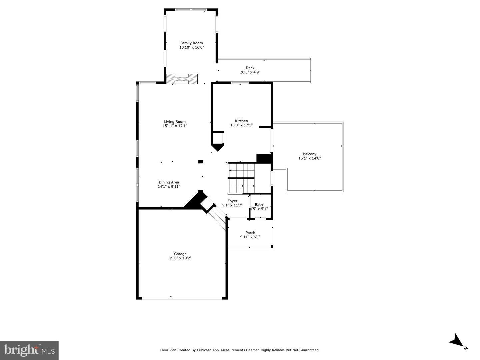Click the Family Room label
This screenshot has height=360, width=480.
point(191,43)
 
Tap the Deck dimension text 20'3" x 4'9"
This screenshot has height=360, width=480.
point(250,72)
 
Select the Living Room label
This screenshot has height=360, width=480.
point(175,122)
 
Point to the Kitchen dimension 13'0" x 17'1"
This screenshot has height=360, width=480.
point(241,125)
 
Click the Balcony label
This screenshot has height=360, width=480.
point(309,154)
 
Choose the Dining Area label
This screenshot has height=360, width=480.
point(169,182)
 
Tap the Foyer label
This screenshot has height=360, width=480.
point(232,201)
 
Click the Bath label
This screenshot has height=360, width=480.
point(259,205)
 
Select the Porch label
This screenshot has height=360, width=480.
point(250,233)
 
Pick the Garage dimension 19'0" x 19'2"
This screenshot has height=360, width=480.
point(180,258)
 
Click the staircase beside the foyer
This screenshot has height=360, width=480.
point(241,178)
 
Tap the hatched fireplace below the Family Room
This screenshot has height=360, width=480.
point(182,79)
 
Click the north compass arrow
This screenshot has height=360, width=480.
point(456,341)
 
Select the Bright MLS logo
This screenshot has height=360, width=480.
point(29,350)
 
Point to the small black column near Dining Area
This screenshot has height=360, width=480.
point(201,162)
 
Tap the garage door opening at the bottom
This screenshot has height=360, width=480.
point(182,298)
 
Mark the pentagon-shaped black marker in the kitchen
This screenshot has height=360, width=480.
point(218,147)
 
